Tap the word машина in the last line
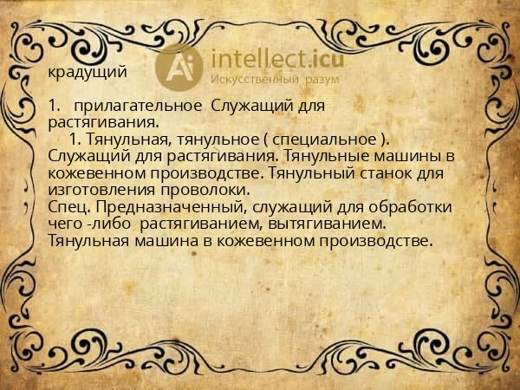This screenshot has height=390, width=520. pyautogui.click(x=154, y=240)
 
